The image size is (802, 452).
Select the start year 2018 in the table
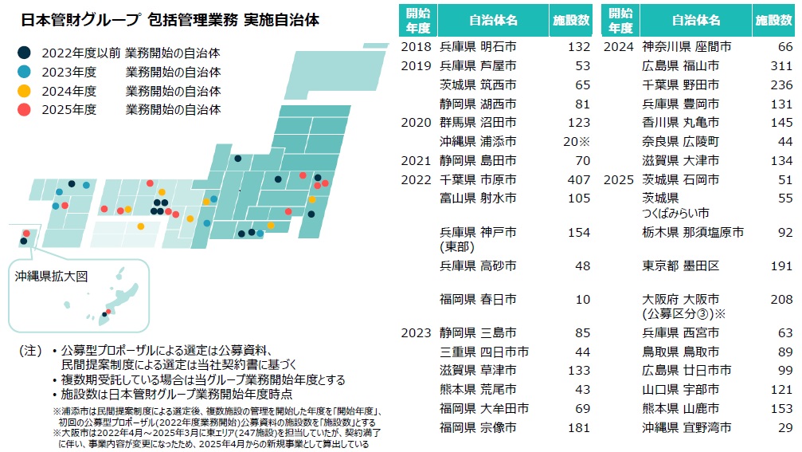coord(417,46)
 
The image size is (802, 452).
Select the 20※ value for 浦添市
coord(576,141)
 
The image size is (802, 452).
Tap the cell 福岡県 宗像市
coord(478,427)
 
